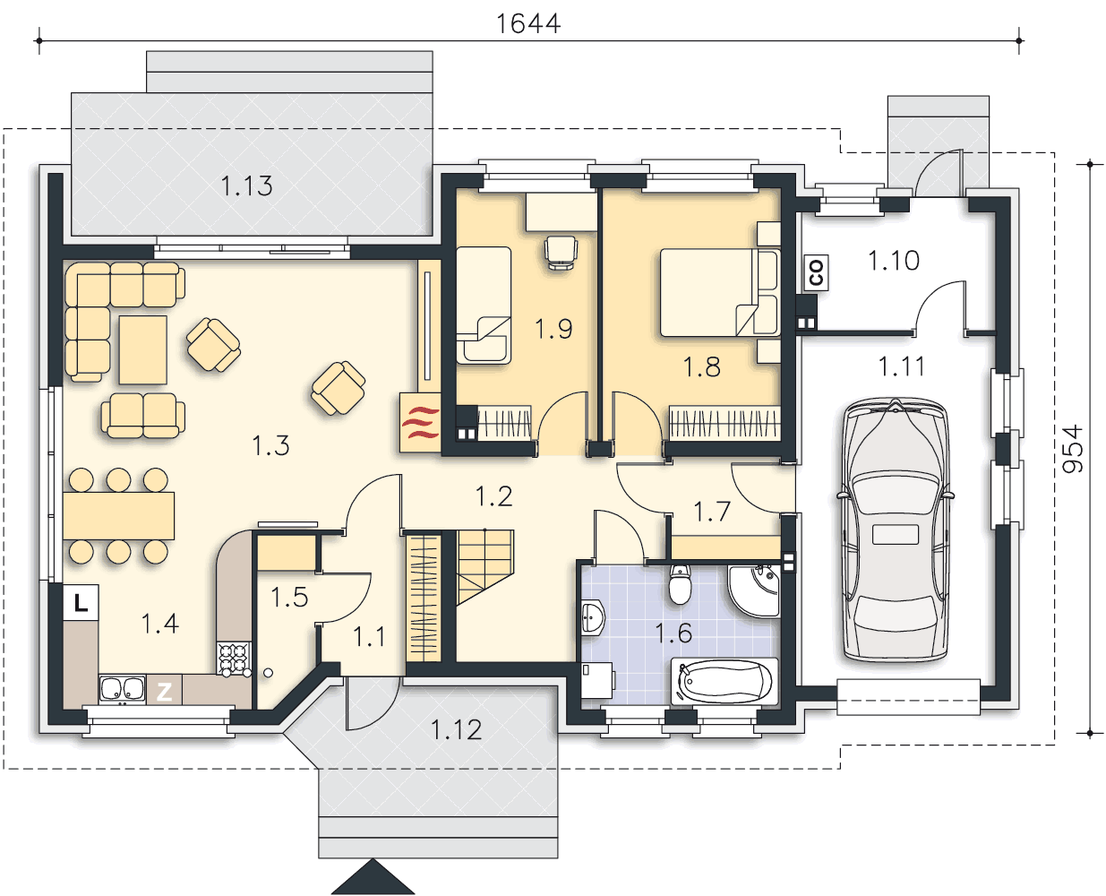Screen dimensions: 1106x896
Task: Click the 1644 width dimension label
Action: click(x=528, y=24)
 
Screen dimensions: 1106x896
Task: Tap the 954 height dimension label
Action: click(x=1073, y=449)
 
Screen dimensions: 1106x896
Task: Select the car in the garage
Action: click(x=896, y=530)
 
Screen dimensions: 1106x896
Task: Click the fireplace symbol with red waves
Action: click(x=420, y=422)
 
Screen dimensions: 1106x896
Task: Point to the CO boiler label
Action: click(x=816, y=272)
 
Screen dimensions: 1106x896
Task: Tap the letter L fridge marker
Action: click(x=81, y=602)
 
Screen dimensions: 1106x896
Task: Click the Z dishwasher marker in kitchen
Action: click(x=164, y=692)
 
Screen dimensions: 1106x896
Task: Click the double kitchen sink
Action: click(x=123, y=689)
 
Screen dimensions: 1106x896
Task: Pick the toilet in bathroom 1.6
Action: click(x=680, y=584)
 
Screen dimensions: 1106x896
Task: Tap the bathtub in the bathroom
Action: click(x=724, y=681)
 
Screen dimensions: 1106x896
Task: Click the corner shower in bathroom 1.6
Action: click(x=754, y=591)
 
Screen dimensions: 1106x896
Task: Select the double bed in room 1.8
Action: click(x=720, y=292)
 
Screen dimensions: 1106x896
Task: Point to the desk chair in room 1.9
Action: click(x=561, y=253)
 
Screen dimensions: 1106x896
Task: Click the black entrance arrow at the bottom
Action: click(x=373, y=877)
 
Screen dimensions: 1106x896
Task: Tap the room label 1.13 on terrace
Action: click(x=246, y=186)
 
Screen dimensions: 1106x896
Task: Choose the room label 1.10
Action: click(x=894, y=260)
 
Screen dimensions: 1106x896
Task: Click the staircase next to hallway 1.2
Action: click(x=485, y=566)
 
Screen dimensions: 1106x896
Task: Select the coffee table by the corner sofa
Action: click(x=142, y=349)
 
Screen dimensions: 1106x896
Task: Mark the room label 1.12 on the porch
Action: click(x=457, y=729)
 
